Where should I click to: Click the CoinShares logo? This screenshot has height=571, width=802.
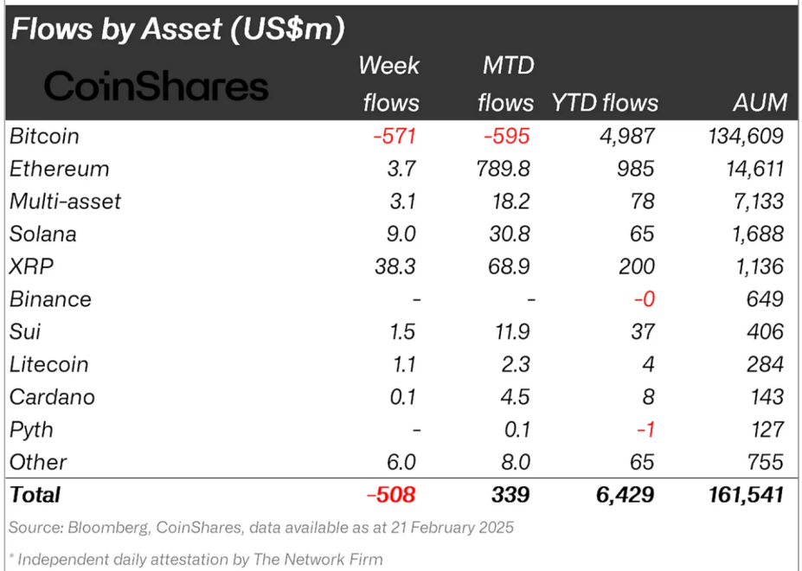click(157, 87)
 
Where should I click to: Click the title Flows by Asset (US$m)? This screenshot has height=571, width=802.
click(177, 29)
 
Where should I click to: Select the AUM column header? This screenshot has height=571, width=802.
click(759, 103)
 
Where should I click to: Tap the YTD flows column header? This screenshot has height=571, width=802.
click(605, 103)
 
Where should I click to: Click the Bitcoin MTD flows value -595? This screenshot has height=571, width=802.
click(506, 136)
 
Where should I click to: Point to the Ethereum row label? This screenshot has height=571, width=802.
click(59, 169)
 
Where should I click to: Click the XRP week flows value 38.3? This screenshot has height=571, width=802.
click(395, 266)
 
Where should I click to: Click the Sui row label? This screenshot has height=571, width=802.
click(25, 331)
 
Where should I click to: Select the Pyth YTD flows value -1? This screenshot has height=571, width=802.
click(646, 430)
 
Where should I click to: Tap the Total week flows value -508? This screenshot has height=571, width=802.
click(391, 495)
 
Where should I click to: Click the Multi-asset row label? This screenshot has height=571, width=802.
click(65, 202)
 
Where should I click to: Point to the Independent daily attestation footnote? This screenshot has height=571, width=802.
click(195, 559)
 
